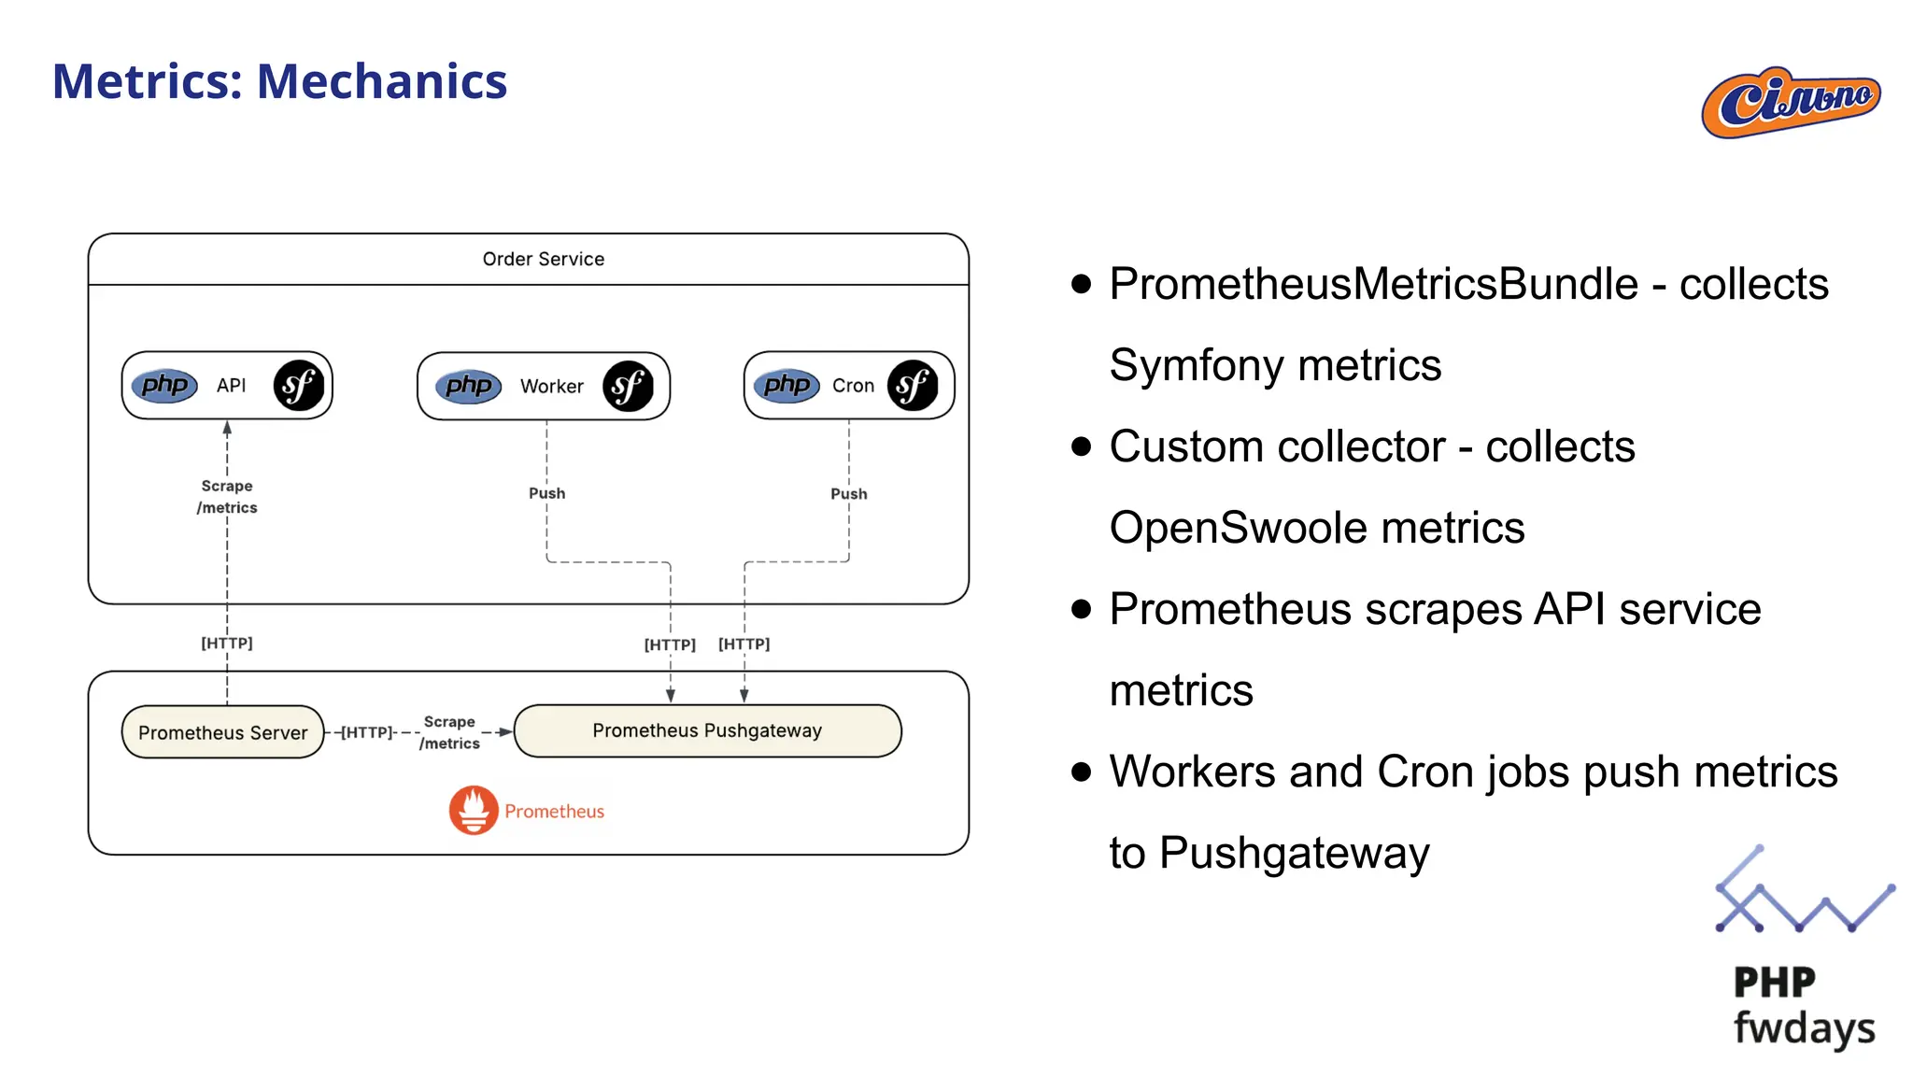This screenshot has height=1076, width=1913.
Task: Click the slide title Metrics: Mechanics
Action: point(279,81)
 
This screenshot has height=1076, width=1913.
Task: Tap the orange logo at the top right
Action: point(1790,102)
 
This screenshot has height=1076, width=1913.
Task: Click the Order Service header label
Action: point(543,259)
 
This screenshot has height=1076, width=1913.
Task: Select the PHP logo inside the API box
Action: point(164,385)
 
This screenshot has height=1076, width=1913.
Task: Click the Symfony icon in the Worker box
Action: point(628,386)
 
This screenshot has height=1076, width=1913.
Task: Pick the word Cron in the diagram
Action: point(853,386)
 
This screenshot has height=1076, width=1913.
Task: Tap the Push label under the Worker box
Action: point(546,493)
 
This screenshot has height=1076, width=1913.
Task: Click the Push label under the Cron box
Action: point(848,493)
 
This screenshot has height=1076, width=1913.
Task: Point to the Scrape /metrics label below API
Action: point(227,497)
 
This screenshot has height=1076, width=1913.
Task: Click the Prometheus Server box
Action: point(222,732)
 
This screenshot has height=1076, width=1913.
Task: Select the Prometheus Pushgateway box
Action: point(707,730)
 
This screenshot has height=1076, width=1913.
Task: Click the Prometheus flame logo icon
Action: point(474,810)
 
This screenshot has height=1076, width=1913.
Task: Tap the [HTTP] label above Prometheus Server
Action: point(227,643)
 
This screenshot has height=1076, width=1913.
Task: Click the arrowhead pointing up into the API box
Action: point(227,428)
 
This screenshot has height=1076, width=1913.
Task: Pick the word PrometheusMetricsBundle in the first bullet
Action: point(1373,284)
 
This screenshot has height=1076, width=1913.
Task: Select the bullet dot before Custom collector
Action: point(1081,446)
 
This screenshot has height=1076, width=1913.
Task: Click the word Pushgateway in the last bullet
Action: point(1294,853)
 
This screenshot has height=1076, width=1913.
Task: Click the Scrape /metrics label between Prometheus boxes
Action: point(449,732)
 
